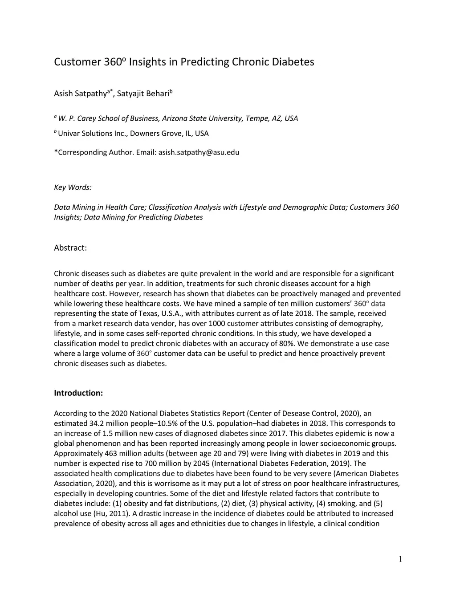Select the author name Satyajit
[x=130, y=94]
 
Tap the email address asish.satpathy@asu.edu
[x=199, y=152]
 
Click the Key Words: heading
[x=73, y=187]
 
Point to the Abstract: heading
[x=70, y=248]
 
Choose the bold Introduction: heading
[x=78, y=393]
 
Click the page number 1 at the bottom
[x=400, y=559]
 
